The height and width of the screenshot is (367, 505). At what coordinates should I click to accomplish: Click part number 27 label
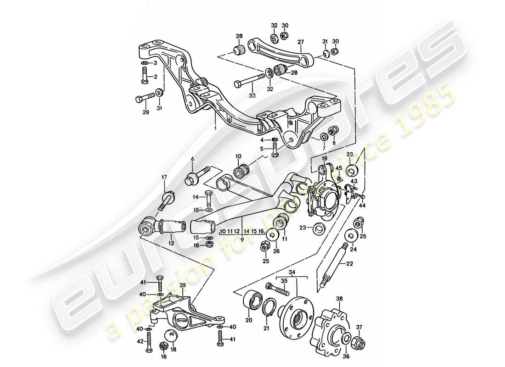(x=301, y=42)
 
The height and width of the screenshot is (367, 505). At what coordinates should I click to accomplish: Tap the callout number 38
(x=339, y=298)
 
